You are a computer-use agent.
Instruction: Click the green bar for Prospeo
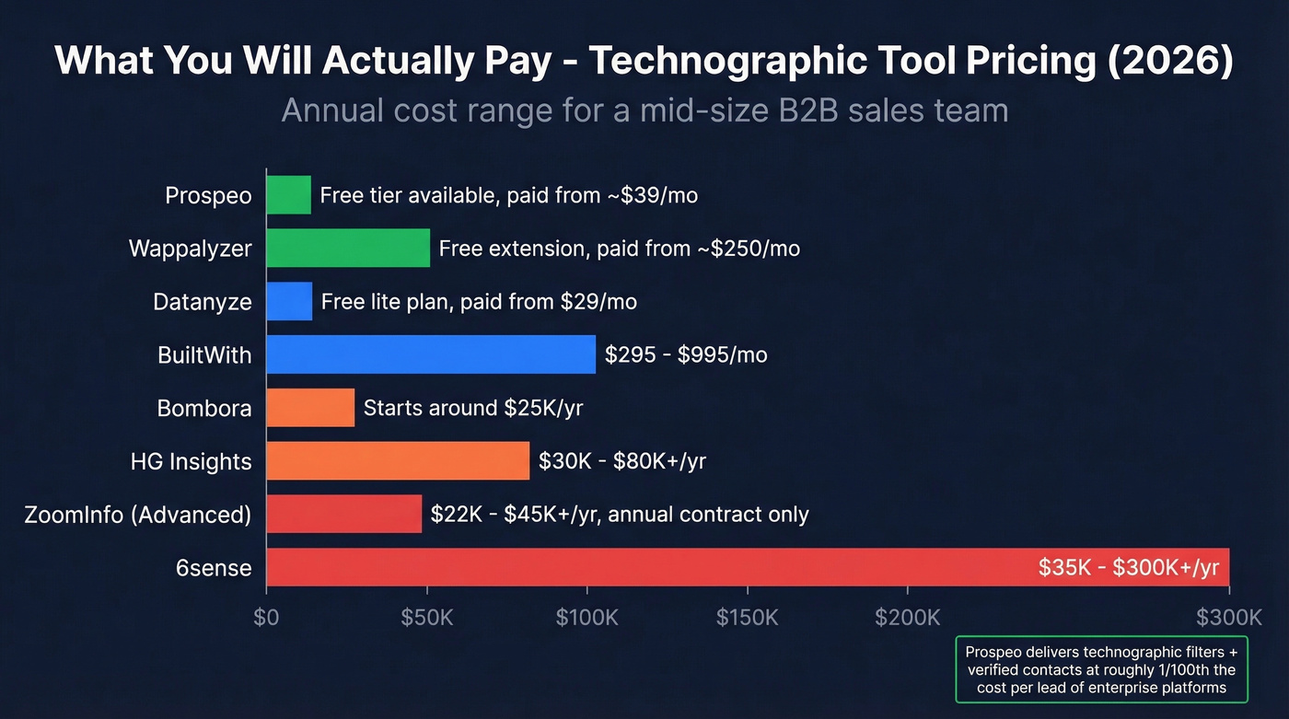288,195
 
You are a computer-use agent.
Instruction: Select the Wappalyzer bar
348,249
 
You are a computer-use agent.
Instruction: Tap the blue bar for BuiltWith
431,354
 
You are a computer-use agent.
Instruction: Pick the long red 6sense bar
644,567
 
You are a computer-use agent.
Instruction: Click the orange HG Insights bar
398,460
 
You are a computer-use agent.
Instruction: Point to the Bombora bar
310,408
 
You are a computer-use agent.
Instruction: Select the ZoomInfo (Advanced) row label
138,514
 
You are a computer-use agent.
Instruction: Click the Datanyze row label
203,302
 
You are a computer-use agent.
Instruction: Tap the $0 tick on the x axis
266,617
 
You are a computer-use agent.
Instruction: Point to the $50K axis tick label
427,617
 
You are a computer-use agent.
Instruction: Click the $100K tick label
587,617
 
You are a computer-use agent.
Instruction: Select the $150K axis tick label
747,617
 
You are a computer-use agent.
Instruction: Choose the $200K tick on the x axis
907,617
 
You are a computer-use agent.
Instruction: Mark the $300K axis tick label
1228,617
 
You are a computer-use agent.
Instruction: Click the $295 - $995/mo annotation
686,355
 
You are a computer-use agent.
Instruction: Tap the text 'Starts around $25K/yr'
473,408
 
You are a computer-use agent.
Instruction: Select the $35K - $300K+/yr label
1128,567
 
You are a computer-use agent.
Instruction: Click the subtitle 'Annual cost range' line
644,110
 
